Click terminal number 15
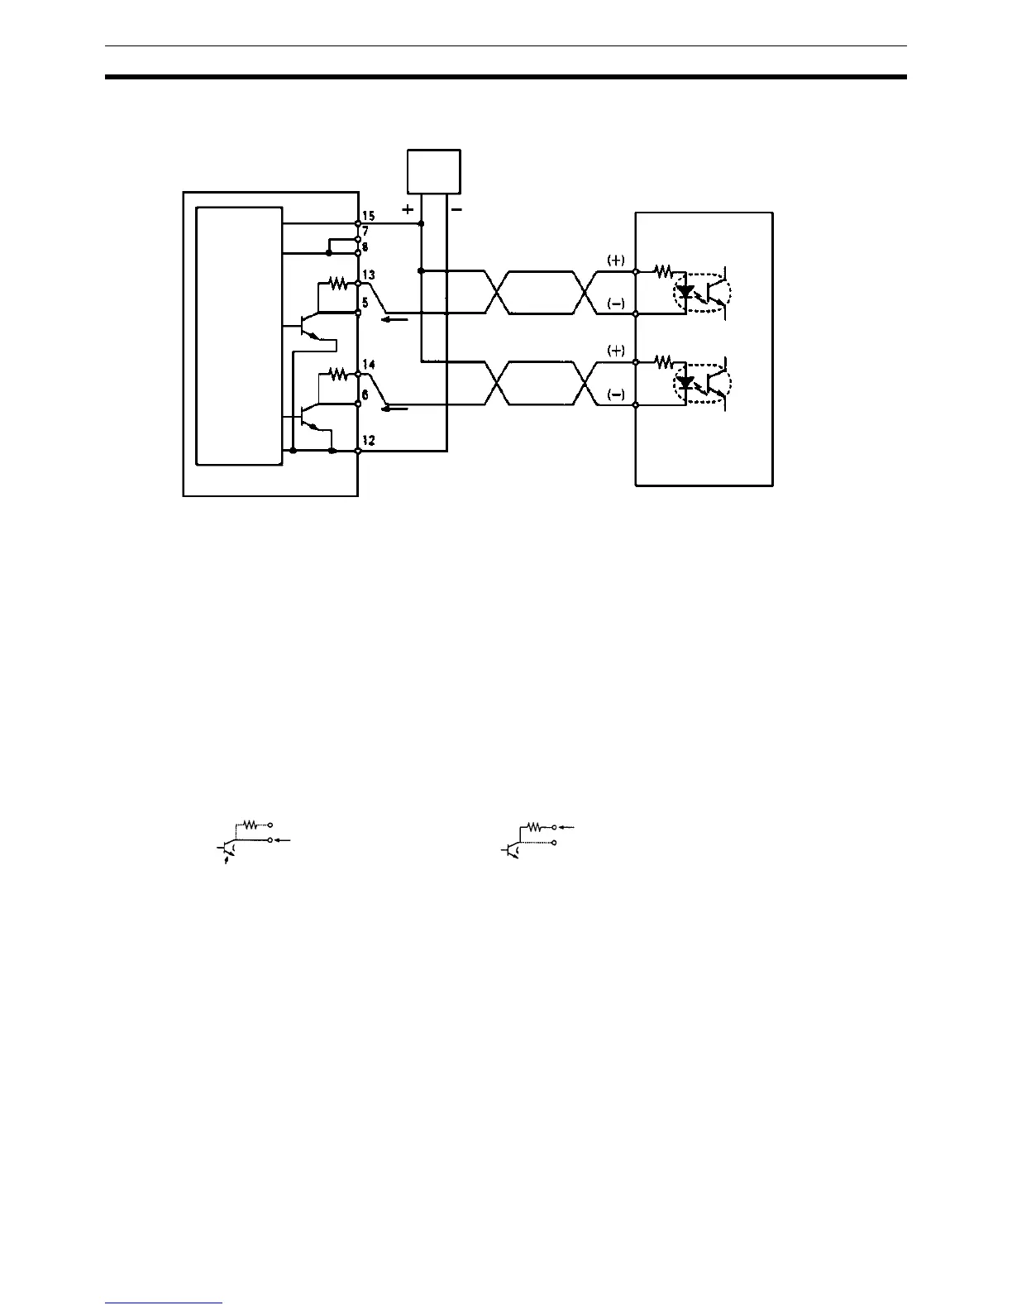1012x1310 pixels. click(369, 216)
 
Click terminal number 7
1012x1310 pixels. click(365, 232)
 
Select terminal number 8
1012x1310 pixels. click(365, 245)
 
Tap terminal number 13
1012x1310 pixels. click(369, 275)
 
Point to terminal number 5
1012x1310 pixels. click(365, 303)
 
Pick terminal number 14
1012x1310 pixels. click(369, 365)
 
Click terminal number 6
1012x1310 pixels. click(365, 394)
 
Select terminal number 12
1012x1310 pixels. click(369, 441)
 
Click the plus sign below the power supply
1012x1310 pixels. click(408, 210)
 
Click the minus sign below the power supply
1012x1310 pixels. click(457, 210)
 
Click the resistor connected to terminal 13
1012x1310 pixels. click(337, 284)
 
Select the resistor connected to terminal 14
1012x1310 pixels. click(337, 374)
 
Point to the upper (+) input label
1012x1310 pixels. click(616, 260)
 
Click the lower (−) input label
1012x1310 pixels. click(616, 394)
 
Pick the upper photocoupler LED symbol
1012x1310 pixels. click(685, 291)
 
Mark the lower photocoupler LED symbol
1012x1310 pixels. click(685, 382)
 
